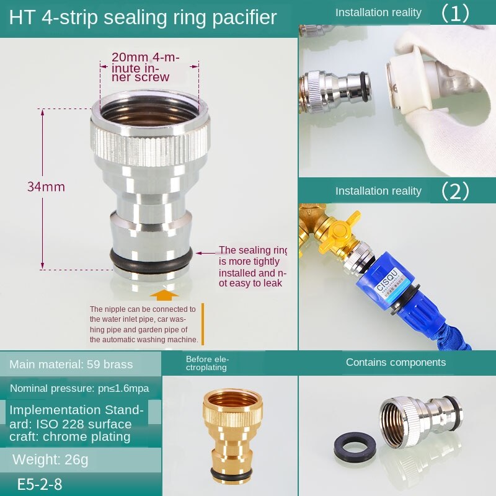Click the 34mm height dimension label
[46, 187]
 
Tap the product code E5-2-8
[40, 484]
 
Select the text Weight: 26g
[51, 459]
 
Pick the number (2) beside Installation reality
[455, 191]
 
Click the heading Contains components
[396, 362]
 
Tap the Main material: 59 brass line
[71, 364]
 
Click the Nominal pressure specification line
[79, 389]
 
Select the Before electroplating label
[207, 363]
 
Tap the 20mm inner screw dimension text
[145, 67]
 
